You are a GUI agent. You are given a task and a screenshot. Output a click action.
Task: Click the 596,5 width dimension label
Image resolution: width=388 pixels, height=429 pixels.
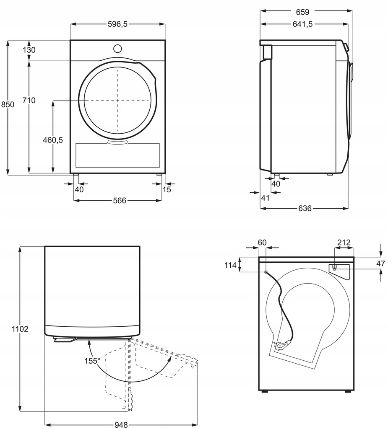pyautogui.click(x=117, y=24)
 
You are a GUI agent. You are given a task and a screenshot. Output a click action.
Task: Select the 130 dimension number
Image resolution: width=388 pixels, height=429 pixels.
pyautogui.click(x=29, y=50)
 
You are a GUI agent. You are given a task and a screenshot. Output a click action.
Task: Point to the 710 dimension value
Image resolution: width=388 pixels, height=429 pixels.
pyautogui.click(x=29, y=100)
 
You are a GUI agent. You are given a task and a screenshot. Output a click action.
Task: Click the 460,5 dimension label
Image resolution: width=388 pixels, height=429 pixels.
pyautogui.click(x=52, y=140)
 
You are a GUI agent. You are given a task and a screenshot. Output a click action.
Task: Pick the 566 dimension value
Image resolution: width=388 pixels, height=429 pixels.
pyautogui.click(x=119, y=201)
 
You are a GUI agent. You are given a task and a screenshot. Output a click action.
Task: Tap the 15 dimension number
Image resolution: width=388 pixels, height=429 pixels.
pyautogui.click(x=167, y=189)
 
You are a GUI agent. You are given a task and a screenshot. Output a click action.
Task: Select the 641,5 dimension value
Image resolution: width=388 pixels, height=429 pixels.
pyautogui.click(x=304, y=24)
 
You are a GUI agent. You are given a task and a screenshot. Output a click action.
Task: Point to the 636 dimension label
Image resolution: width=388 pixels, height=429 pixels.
pyautogui.click(x=305, y=208)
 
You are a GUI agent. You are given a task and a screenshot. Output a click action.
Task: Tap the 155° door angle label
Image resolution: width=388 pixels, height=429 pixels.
pyautogui.click(x=92, y=361)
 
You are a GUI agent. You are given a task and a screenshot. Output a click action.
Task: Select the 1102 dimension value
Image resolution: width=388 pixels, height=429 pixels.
pyautogui.click(x=20, y=329)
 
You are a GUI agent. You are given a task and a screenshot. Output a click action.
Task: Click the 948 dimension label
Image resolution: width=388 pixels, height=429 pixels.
pyautogui.click(x=121, y=424)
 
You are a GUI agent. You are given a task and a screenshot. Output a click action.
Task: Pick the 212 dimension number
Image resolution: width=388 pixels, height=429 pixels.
pyautogui.click(x=344, y=243)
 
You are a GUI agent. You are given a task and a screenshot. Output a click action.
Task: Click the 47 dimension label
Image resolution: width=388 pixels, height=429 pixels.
pyautogui.click(x=380, y=264)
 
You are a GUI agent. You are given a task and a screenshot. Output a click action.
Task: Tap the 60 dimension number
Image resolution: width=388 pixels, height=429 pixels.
pyautogui.click(x=262, y=243)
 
